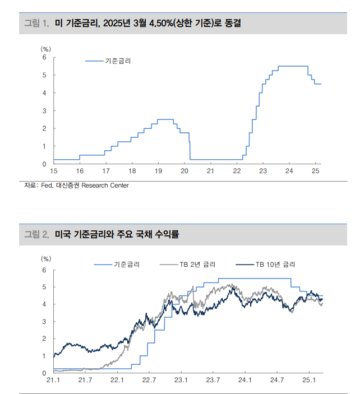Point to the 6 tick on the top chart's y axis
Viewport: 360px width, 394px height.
(x=44, y=57)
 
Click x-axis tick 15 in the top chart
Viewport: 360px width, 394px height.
(x=53, y=171)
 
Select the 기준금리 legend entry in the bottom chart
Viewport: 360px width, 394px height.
(x=126, y=264)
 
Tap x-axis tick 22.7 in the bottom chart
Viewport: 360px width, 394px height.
(x=149, y=381)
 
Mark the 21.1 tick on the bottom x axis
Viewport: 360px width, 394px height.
(x=53, y=381)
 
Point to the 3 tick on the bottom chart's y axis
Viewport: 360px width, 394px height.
(x=44, y=322)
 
